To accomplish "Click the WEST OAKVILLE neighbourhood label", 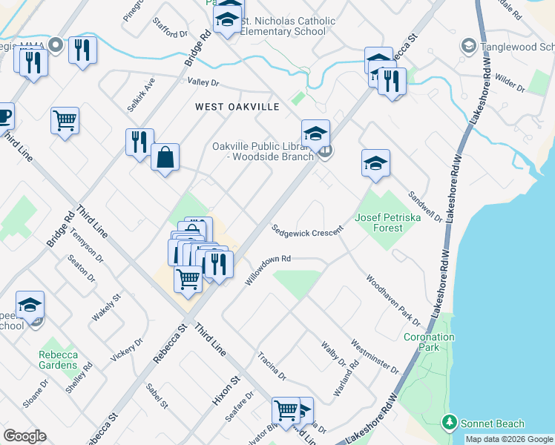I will click(237, 107).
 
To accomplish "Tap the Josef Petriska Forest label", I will click(378, 222).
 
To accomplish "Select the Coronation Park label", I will click(429, 342).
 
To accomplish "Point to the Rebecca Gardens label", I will click(58, 360).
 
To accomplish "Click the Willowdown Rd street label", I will click(267, 271).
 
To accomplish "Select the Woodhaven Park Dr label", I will click(393, 300).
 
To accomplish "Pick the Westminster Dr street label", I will click(375, 357).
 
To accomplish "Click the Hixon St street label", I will click(223, 389).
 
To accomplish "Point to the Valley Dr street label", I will click(203, 83).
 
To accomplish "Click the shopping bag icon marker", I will click(165, 157).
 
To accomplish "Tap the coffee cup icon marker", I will click(4, 116).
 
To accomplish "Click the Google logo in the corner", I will click(24, 436).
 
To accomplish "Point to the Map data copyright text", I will click(508, 439).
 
